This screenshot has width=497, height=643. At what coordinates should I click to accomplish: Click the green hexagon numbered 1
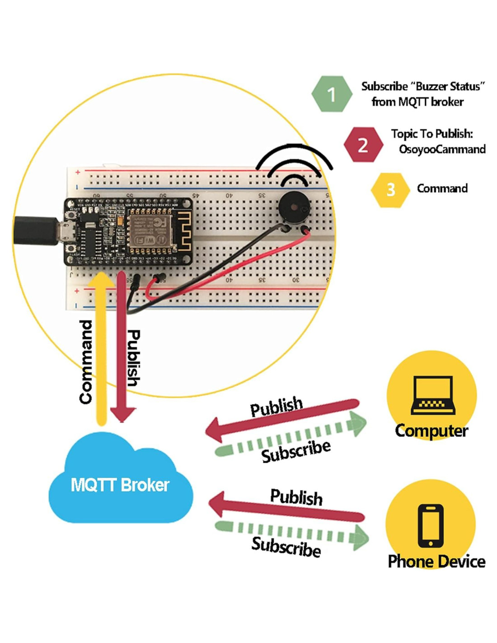coord(332,94)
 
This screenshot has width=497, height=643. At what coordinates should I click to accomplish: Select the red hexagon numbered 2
coord(363,145)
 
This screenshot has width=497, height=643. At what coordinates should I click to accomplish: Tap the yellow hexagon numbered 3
coord(390,189)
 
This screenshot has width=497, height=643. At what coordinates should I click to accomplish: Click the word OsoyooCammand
coord(442,149)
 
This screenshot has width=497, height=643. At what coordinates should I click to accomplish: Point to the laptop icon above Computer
coord(432,394)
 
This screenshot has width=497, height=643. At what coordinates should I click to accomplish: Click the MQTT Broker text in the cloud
coord(120,485)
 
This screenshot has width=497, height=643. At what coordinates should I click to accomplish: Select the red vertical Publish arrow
coord(122,348)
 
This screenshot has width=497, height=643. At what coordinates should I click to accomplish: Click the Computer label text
coord(431,430)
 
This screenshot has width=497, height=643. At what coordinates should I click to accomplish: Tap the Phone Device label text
coord(436,562)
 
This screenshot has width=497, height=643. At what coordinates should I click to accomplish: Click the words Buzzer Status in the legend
coord(447,86)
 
